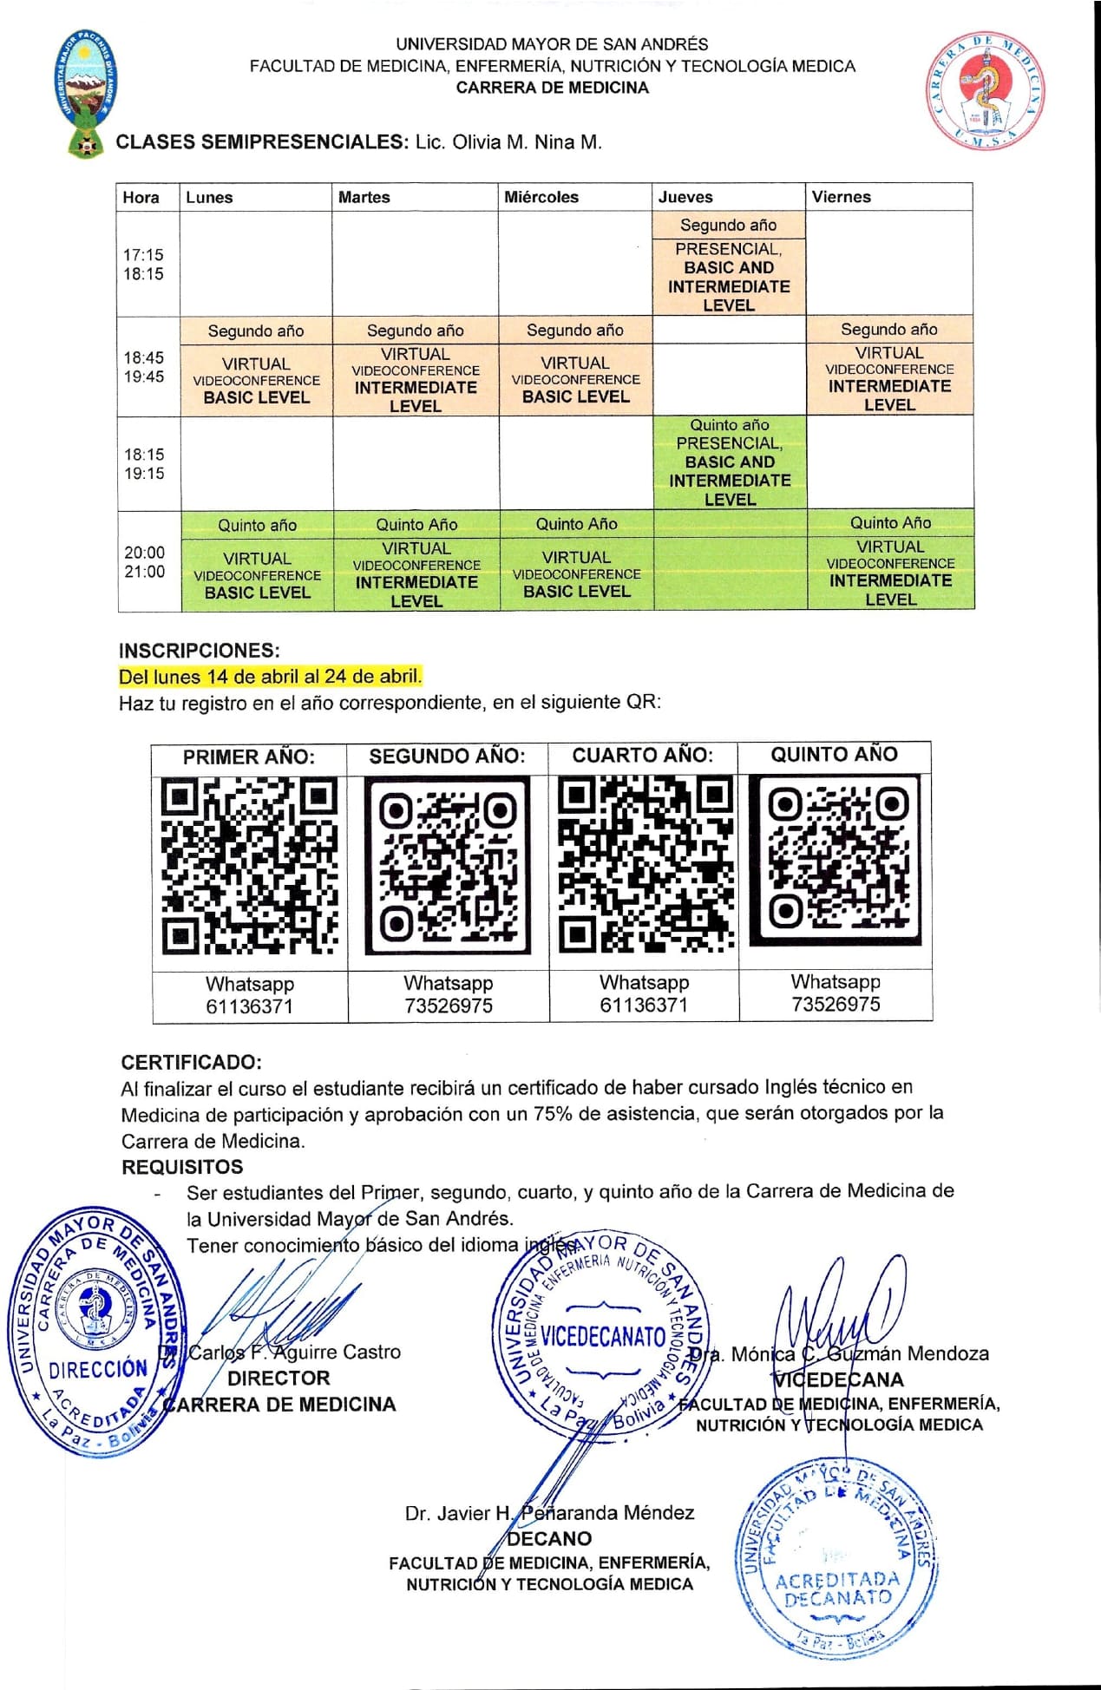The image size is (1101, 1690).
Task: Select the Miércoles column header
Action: [541, 197]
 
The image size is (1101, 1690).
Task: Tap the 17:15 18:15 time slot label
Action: [143, 264]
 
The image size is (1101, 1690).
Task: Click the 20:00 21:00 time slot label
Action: [144, 561]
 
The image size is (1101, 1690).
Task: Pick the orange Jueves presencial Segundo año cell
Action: [729, 265]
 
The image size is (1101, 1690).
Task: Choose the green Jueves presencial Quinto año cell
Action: [730, 462]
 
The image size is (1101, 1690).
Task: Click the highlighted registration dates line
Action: [271, 676]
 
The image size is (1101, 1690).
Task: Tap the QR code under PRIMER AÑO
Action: [249, 866]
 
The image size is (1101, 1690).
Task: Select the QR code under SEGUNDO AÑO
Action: [448, 866]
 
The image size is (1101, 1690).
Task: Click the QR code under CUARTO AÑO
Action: [644, 864]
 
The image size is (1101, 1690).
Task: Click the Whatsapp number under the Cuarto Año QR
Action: [644, 1005]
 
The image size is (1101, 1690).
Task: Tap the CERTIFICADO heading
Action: [191, 1062]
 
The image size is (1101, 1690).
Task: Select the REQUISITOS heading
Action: [182, 1167]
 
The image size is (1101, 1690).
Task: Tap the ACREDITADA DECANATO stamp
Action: [835, 1558]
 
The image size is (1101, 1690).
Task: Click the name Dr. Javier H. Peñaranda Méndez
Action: [549, 1513]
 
